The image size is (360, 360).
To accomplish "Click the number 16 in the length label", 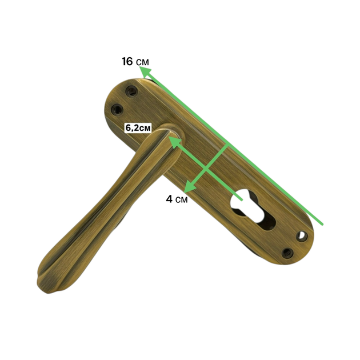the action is (x=127, y=62).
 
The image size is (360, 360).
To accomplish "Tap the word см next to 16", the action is (x=142, y=62).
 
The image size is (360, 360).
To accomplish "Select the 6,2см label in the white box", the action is (x=138, y=127).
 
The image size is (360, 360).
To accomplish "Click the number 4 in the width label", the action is (x=169, y=199).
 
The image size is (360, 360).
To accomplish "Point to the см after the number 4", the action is (x=181, y=200).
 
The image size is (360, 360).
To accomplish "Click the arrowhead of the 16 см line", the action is (x=145, y=71).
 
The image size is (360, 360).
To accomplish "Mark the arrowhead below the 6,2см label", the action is (x=174, y=141).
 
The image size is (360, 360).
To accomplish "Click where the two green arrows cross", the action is (x=206, y=170).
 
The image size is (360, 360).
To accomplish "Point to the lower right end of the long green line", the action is (x=322, y=225).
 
